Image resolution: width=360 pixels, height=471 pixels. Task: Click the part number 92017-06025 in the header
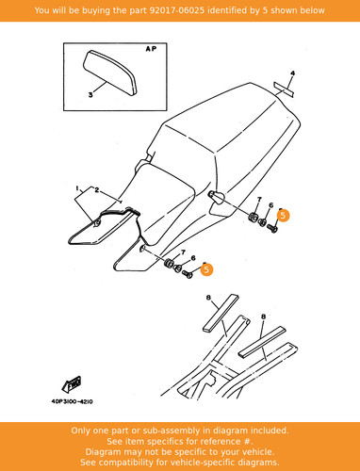[x=176, y=10]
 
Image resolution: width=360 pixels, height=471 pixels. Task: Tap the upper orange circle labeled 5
[x=283, y=216]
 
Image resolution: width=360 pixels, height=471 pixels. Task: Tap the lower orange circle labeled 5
[x=206, y=269]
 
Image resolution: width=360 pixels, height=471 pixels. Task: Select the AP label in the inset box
[x=151, y=49]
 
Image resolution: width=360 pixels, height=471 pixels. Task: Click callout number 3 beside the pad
[x=90, y=94]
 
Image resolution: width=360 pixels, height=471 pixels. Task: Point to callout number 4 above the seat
[x=292, y=73]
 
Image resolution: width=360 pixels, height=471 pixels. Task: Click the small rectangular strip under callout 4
[x=284, y=89]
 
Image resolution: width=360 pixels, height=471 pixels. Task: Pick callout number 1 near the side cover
[x=77, y=188]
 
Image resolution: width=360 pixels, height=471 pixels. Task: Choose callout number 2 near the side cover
[x=97, y=190]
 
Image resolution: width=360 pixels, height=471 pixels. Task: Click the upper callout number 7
[x=259, y=200]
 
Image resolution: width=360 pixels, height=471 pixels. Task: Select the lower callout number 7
[x=183, y=252]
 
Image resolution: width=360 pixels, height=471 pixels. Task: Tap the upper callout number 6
[x=271, y=205]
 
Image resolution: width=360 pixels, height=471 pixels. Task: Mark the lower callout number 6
[x=193, y=258]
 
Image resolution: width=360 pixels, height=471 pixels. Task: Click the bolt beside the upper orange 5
[x=272, y=228]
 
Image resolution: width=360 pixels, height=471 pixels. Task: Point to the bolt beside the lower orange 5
[x=188, y=274]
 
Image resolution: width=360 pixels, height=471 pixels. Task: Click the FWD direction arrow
[x=72, y=384]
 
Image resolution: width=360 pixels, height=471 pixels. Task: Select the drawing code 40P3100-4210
[x=72, y=401]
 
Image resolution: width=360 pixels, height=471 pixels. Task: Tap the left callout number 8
[x=208, y=298]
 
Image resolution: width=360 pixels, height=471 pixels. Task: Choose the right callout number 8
[x=263, y=317]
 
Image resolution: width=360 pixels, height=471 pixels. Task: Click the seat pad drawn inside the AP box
[x=110, y=73]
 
